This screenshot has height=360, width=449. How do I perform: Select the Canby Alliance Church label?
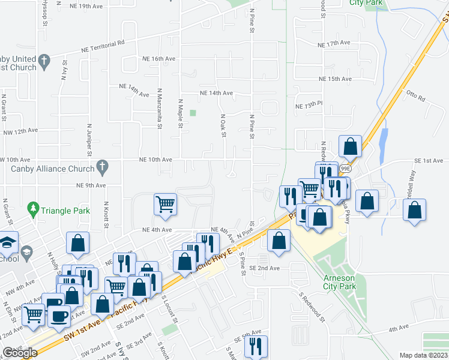[x=53, y=169]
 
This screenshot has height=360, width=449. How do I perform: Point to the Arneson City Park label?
[x=340, y=282]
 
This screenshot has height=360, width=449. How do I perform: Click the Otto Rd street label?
[x=415, y=94]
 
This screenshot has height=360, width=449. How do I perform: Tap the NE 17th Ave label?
[x=335, y=44]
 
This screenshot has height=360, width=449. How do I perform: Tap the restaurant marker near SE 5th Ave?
[x=256, y=346]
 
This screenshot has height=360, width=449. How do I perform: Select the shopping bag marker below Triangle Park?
[x=77, y=243]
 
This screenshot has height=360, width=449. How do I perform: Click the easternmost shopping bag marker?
[x=414, y=210]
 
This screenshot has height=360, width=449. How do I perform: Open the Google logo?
[x=20, y=353]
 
